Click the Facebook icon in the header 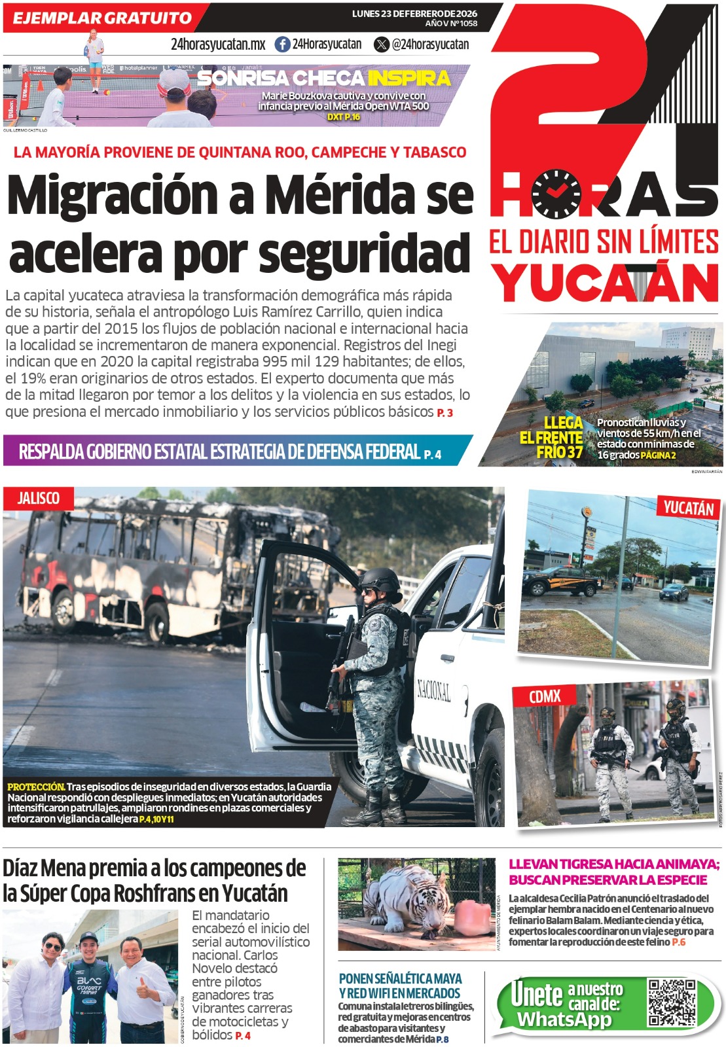click(x=282, y=44)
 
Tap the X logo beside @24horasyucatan click(x=382, y=44)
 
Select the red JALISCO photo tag click(x=38, y=499)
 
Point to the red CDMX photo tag click(x=545, y=696)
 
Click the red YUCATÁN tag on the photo click(x=688, y=508)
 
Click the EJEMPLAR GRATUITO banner click(x=102, y=18)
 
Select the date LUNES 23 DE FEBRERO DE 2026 click(x=414, y=14)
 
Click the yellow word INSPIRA click(x=409, y=79)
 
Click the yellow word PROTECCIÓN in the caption click(x=36, y=787)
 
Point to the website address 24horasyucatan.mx click(x=218, y=44)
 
